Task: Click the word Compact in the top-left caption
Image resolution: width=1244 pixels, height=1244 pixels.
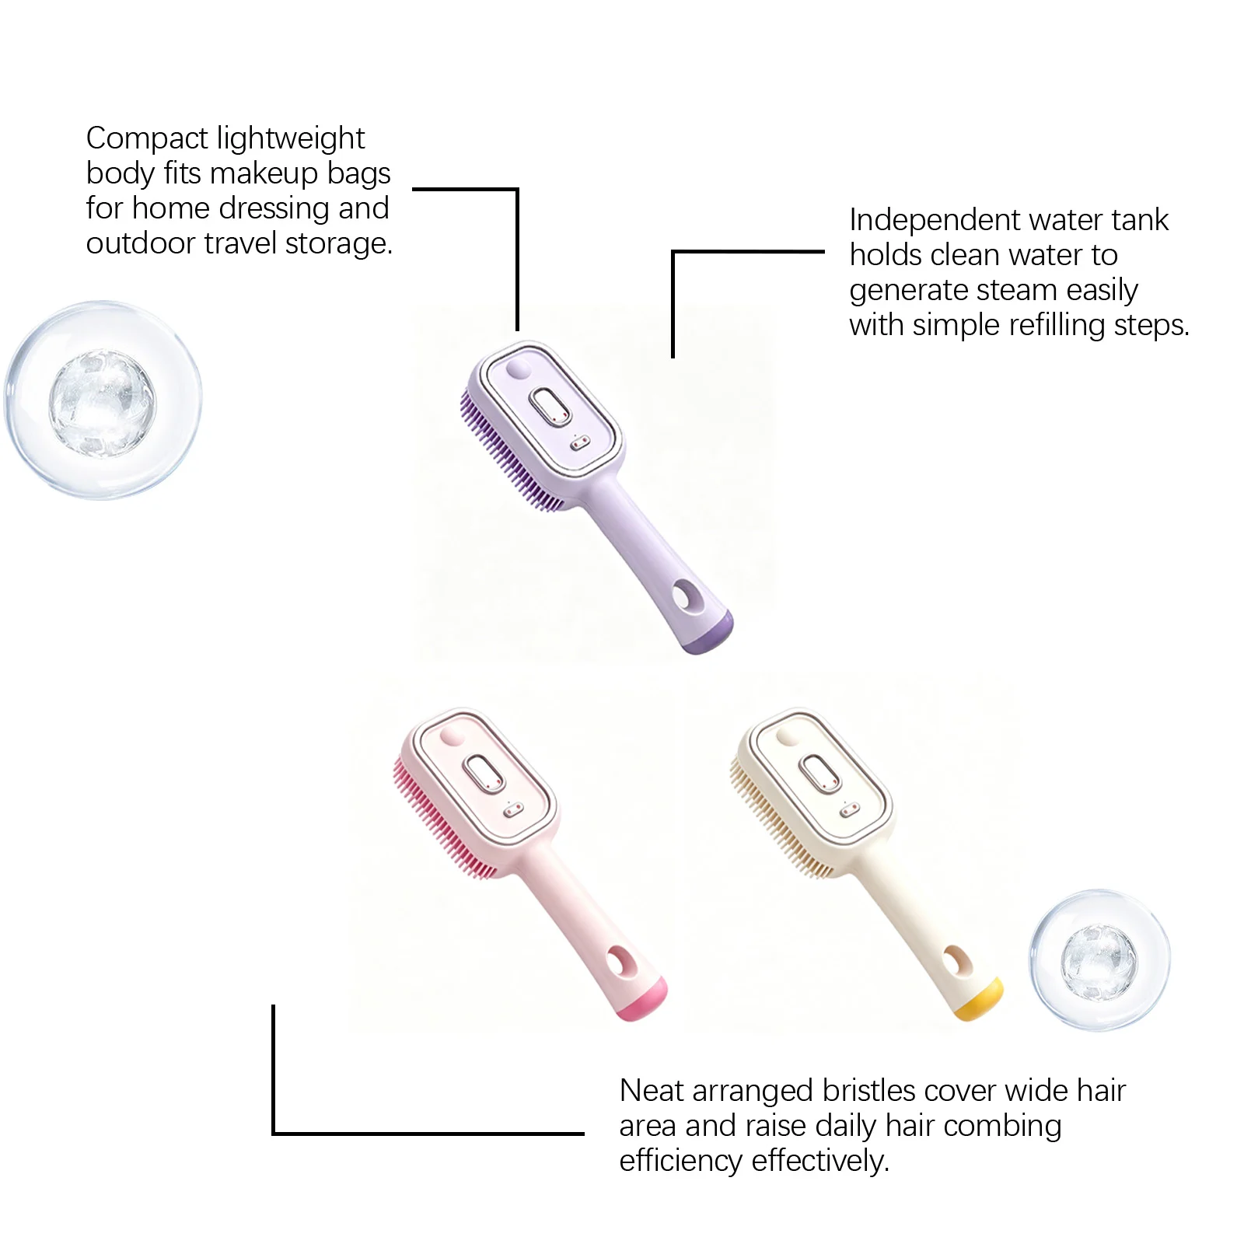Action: pos(147,139)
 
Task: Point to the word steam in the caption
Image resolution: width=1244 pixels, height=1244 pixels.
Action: pos(1017,291)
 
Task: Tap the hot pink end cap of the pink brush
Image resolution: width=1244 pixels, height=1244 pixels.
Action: pos(641,1000)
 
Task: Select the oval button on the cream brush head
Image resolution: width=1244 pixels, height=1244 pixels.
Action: pos(819,774)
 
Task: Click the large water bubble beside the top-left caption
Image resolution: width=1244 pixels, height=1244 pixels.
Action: pos(103,401)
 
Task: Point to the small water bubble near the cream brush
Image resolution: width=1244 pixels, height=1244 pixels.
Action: pos(1099,961)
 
